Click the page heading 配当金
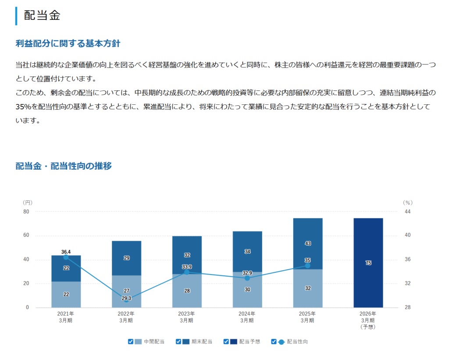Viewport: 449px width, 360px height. pyautogui.click(x=42, y=15)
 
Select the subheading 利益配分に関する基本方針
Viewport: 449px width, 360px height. pyautogui.click(x=68, y=43)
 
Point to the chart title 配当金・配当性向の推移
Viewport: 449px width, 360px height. pyautogui.click(x=64, y=166)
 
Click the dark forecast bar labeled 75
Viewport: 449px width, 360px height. pyautogui.click(x=368, y=263)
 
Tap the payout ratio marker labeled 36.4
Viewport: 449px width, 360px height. pyautogui.click(x=66, y=257)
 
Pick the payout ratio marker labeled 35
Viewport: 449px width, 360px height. pyautogui.click(x=307, y=265)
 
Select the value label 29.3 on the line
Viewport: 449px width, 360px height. pyautogui.click(x=126, y=299)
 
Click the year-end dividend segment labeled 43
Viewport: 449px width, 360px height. pyautogui.click(x=307, y=243)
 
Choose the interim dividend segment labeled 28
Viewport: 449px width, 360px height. pyautogui.click(x=187, y=291)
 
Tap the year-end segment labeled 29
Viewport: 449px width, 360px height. pyautogui.click(x=126, y=258)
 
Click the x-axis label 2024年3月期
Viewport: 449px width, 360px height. pyautogui.click(x=247, y=317)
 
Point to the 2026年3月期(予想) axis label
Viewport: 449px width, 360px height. pyautogui.click(x=368, y=320)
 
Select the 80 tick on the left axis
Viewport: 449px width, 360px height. pyautogui.click(x=26, y=211)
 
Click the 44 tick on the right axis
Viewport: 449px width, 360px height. pyautogui.click(x=408, y=211)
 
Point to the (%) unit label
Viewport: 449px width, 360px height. pyautogui.click(x=408, y=203)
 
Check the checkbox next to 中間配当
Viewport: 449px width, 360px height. pyautogui.click(x=131, y=342)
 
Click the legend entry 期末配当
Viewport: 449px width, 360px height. pyautogui.click(x=202, y=342)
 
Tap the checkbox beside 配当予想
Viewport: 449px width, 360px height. pyautogui.click(x=226, y=342)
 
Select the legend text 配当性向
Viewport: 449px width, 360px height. pyautogui.click(x=297, y=342)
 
